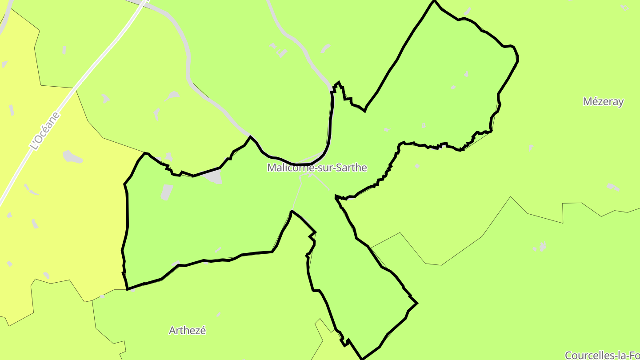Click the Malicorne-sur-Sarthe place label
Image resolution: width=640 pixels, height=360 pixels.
click(x=317, y=168)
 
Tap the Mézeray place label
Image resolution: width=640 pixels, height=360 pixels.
click(x=603, y=101)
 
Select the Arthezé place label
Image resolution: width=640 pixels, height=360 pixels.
click(x=187, y=330)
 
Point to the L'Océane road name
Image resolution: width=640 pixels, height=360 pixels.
click(x=44, y=130)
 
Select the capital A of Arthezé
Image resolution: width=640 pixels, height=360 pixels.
click(x=172, y=330)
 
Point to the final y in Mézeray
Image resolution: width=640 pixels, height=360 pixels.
click(x=621, y=103)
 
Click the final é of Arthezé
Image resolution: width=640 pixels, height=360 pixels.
click(x=203, y=330)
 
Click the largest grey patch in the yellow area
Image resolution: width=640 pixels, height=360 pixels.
click(x=72, y=156)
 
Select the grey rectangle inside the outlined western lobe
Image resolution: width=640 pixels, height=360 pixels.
click(x=167, y=192)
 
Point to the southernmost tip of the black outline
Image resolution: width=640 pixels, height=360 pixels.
click(x=363, y=358)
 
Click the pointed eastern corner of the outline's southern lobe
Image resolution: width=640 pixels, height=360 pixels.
click(x=417, y=303)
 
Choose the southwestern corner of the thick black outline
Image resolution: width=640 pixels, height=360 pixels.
click(x=128, y=289)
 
